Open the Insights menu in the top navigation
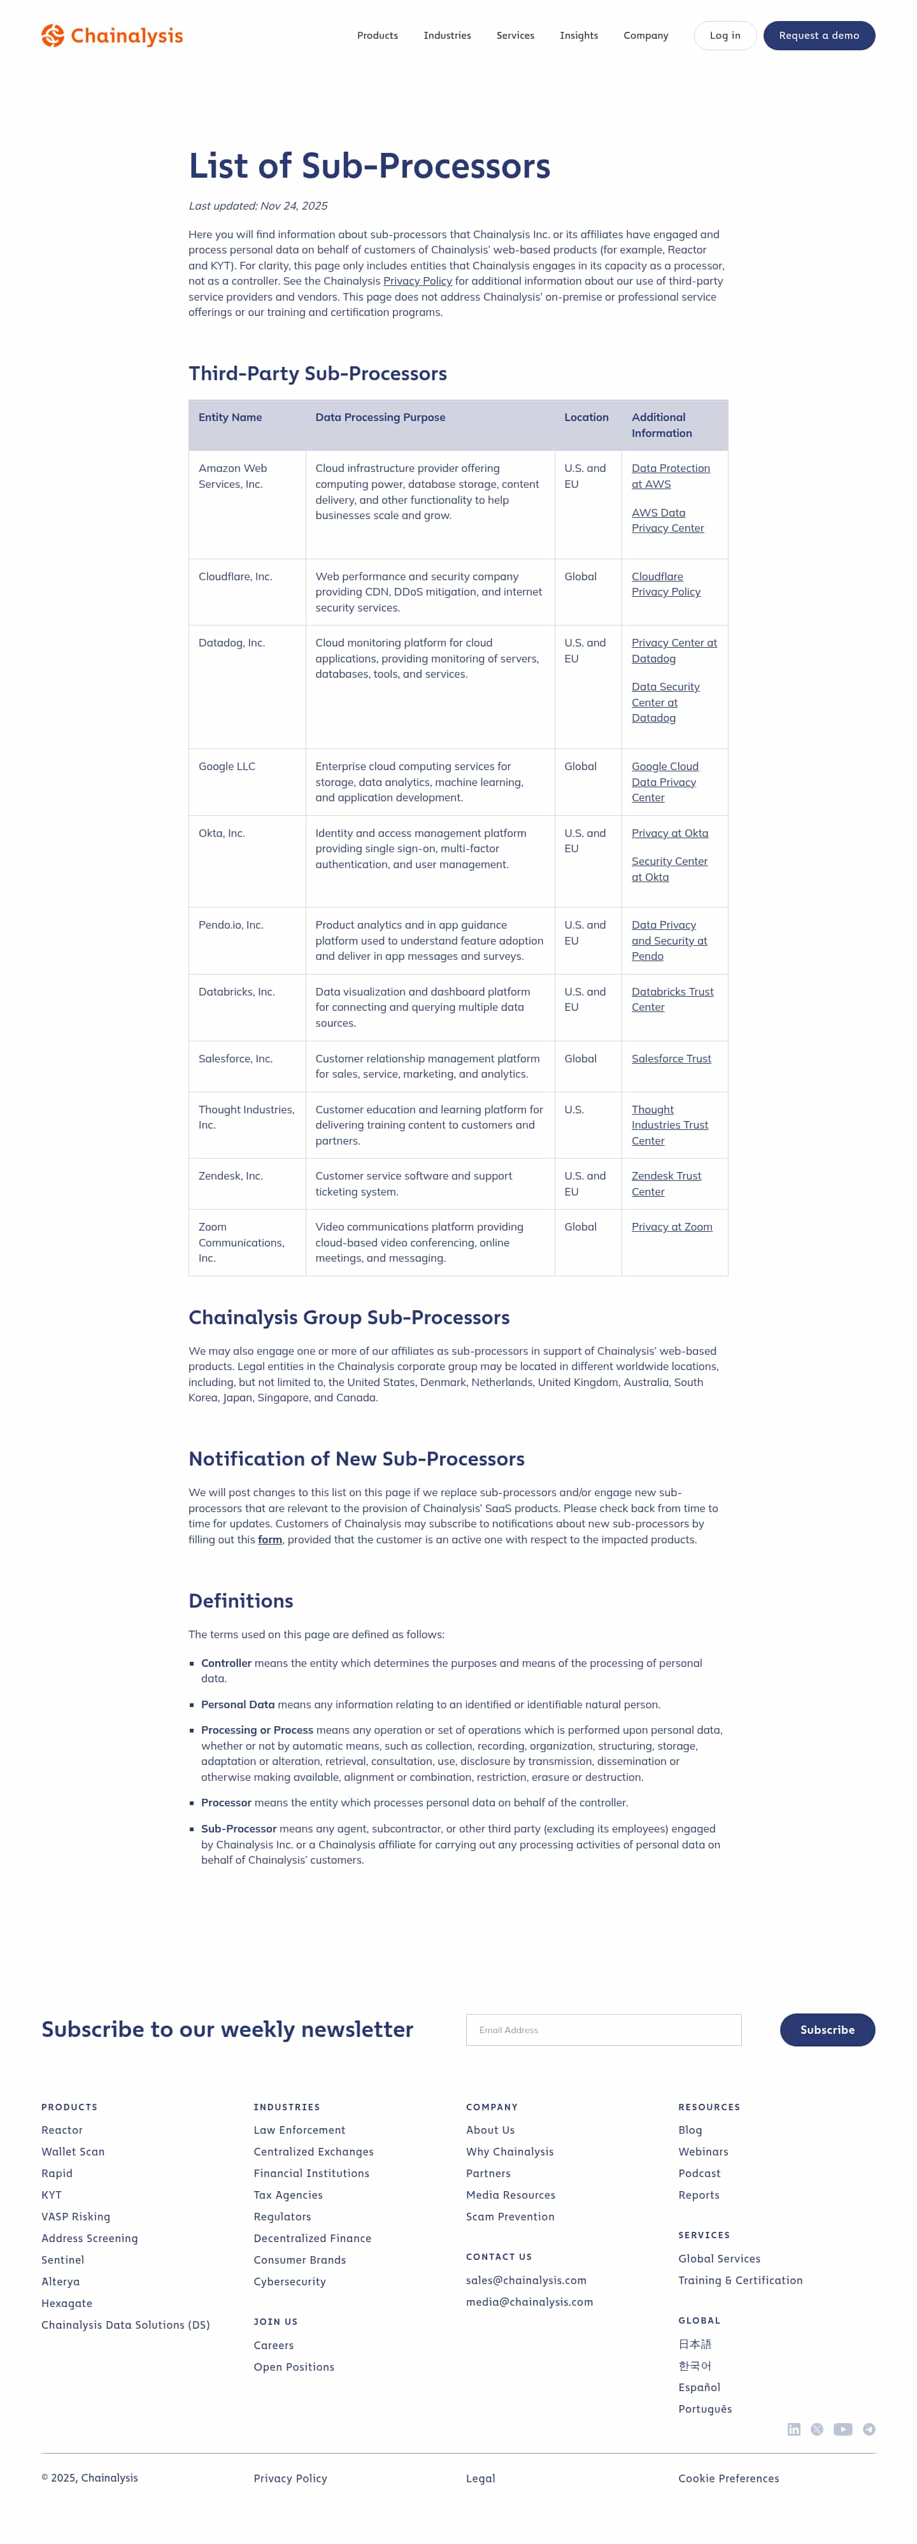click(578, 36)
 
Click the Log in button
click(725, 36)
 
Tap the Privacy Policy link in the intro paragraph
click(418, 282)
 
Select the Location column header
click(586, 418)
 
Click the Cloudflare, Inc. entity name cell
click(235, 576)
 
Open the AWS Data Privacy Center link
click(667, 520)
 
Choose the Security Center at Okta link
click(669, 869)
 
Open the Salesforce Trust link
click(671, 1059)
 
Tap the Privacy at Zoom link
click(671, 1227)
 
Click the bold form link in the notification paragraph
click(269, 1540)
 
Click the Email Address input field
click(603, 2029)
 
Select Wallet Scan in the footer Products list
click(73, 2152)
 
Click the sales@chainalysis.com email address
click(526, 2280)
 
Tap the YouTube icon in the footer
click(843, 2429)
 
